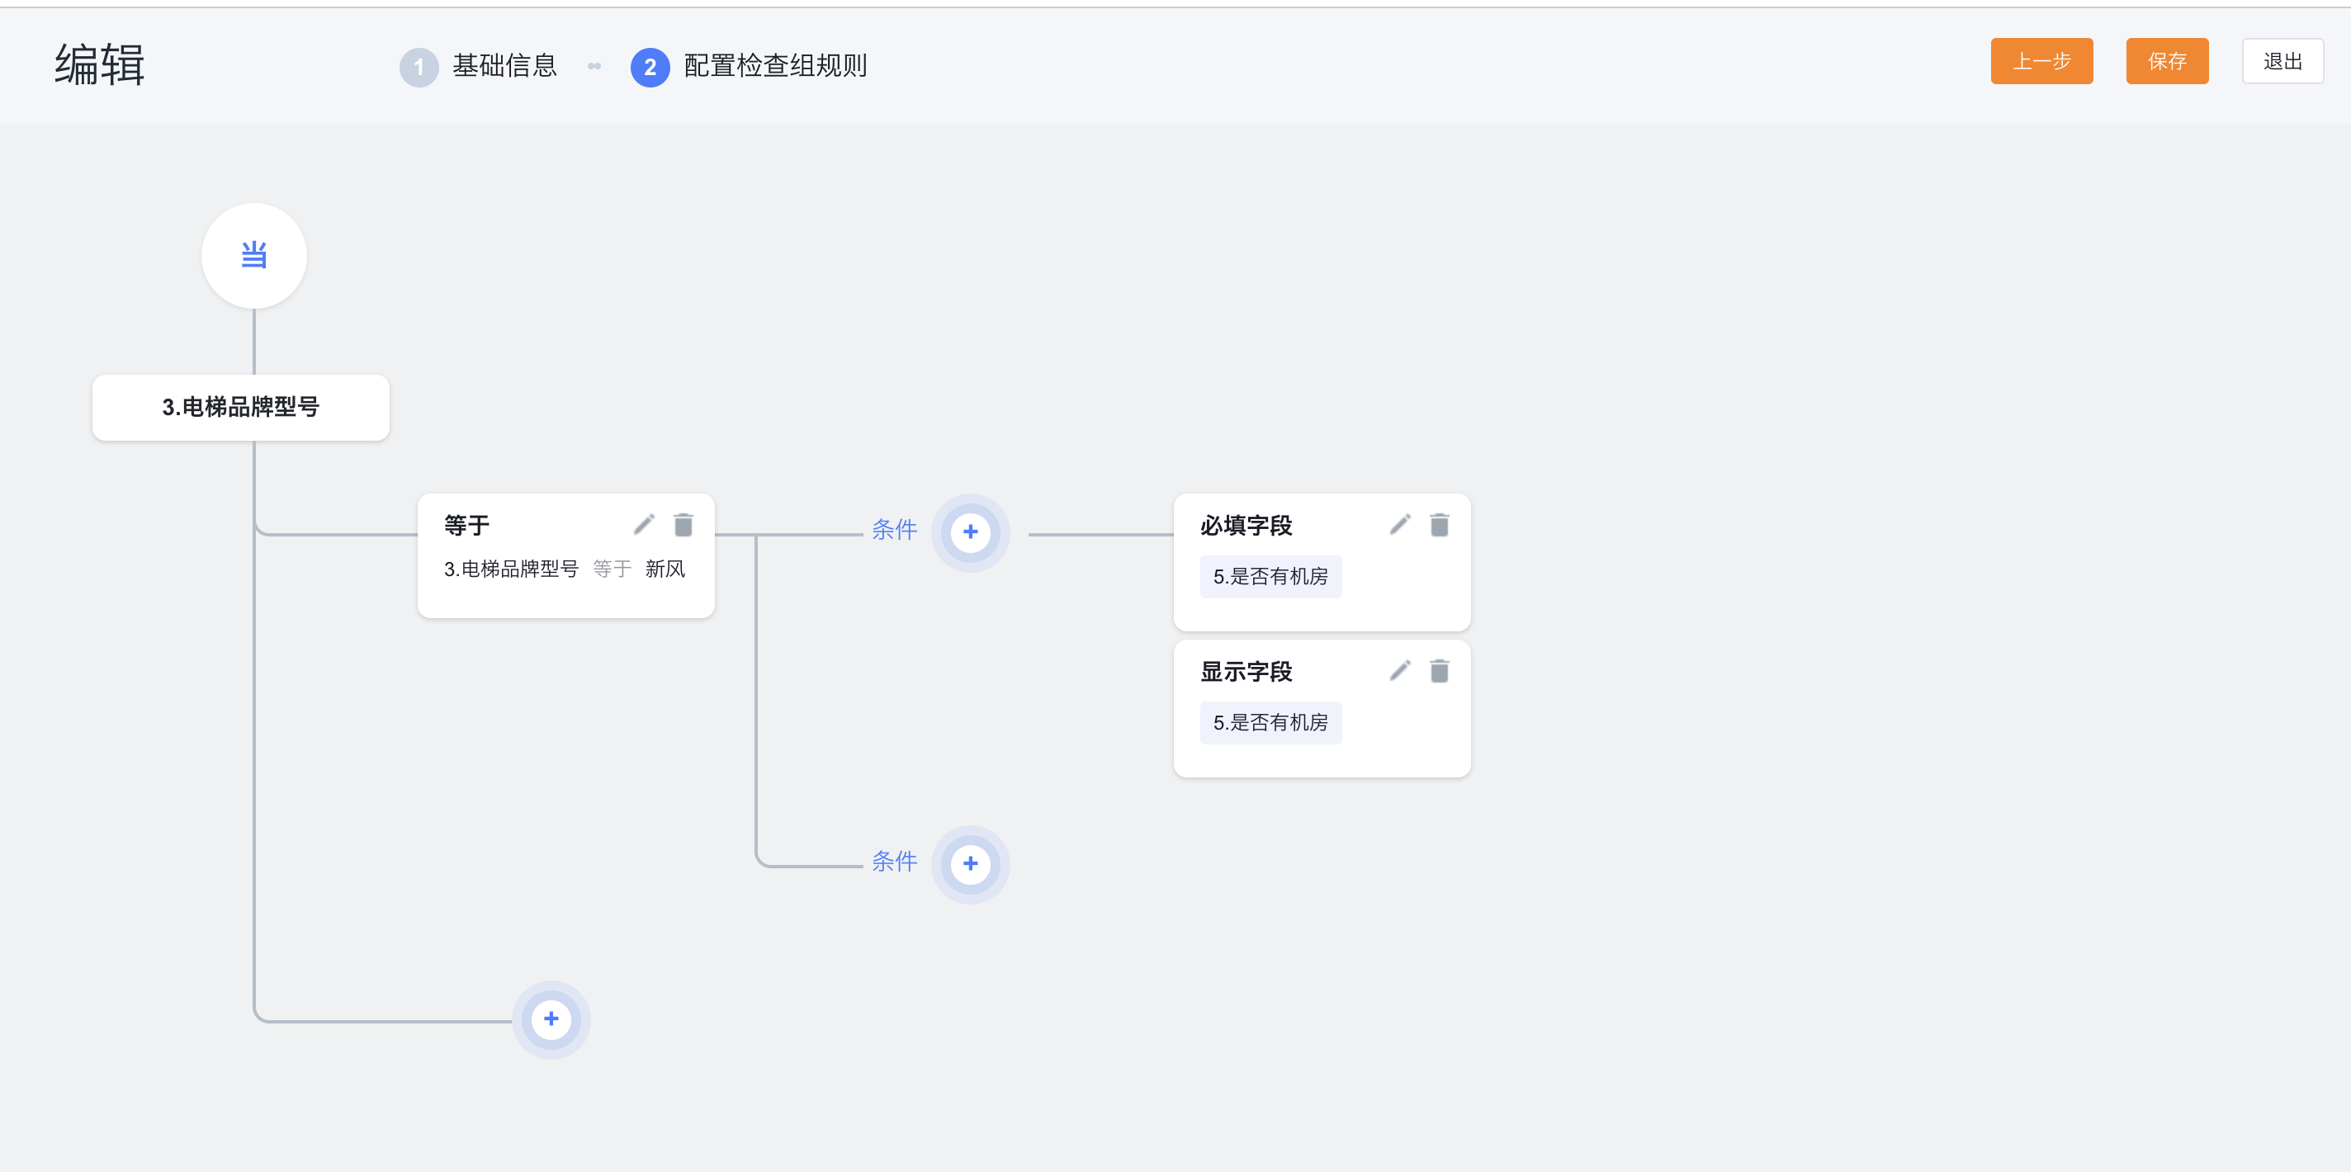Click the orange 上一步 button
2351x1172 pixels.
coord(2041,61)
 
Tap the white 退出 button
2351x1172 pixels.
coord(2282,61)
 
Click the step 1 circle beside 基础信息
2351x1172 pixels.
coord(419,67)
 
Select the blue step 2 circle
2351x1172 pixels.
coord(650,67)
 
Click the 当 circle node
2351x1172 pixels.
coord(253,256)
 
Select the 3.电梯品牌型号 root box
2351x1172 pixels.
coord(241,407)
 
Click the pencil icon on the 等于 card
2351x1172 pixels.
coord(645,524)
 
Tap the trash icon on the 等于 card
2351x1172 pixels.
coord(684,525)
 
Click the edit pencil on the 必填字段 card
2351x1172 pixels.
coord(1400,524)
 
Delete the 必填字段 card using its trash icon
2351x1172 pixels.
coord(1440,525)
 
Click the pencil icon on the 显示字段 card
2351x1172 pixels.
coord(1400,671)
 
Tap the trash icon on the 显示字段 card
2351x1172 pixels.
coord(1440,672)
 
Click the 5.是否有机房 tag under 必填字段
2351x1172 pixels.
coord(1270,577)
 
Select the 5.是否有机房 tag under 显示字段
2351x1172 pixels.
coord(1270,723)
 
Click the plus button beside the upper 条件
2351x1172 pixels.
coord(970,532)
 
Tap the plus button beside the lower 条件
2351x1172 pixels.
coord(970,864)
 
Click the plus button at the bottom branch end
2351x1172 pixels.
coord(551,1019)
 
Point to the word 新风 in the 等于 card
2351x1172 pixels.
coord(665,569)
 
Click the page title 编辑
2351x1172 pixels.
coord(100,65)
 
